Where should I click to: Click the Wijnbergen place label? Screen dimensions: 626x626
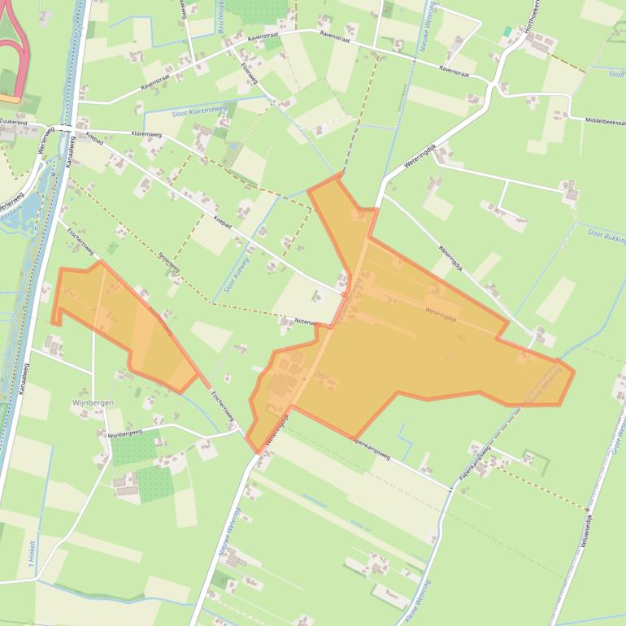(x=91, y=402)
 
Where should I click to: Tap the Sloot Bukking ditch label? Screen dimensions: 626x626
(x=606, y=237)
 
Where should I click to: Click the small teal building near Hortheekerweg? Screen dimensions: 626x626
(x=507, y=31)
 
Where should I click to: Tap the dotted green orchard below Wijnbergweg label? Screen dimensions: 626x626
(x=130, y=450)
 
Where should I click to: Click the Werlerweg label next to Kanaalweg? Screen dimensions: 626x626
(x=46, y=143)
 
